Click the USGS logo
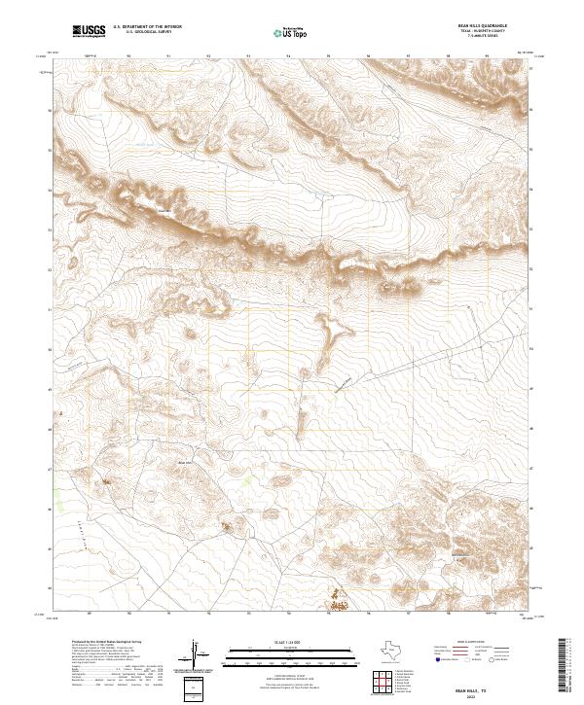[x=89, y=32]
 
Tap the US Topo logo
[x=293, y=32]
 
